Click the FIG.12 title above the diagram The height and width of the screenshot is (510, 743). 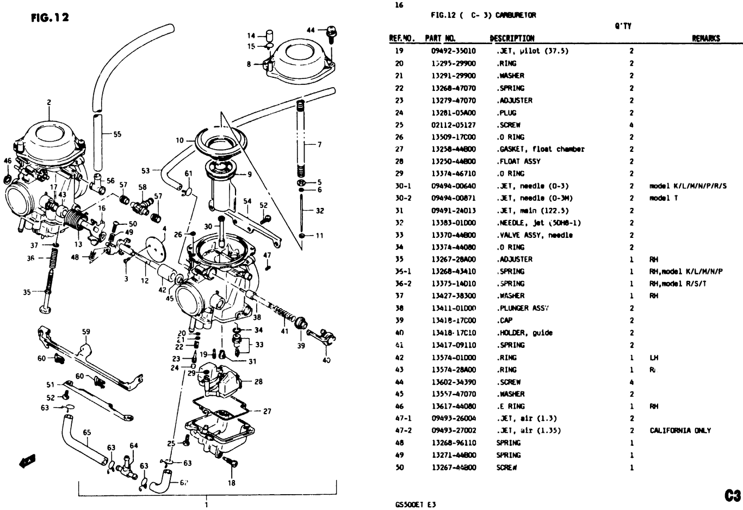[x=49, y=17]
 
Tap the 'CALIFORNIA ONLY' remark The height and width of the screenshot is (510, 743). [x=680, y=431]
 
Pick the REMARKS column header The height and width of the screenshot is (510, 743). [x=705, y=38]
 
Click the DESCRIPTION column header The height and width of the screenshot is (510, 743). [x=512, y=38]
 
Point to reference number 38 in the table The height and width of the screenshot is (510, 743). [x=399, y=308]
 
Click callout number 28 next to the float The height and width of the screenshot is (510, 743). [x=258, y=382]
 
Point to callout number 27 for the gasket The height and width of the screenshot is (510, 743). [x=267, y=411]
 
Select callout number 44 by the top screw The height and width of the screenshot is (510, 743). [x=311, y=29]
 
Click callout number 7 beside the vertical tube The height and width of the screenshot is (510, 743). [x=319, y=145]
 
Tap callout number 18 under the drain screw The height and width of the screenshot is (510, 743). [x=232, y=483]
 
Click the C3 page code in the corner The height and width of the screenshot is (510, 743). [x=732, y=495]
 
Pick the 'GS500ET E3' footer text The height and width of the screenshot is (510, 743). [x=416, y=504]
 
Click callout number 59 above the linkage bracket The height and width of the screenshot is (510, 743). [x=86, y=331]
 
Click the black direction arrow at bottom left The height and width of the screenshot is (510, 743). [x=27, y=460]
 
